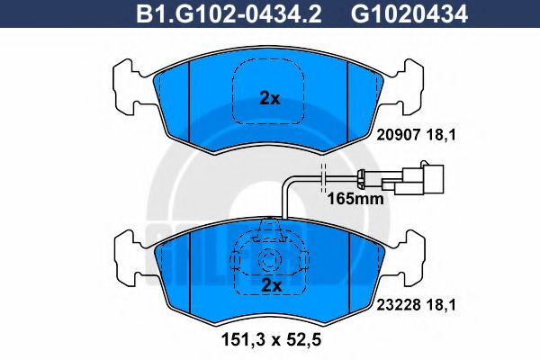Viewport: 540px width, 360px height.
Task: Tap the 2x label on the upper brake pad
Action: coord(269,99)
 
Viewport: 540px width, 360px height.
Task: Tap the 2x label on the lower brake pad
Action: coord(269,284)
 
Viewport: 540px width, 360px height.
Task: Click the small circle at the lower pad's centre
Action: coord(268,261)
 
